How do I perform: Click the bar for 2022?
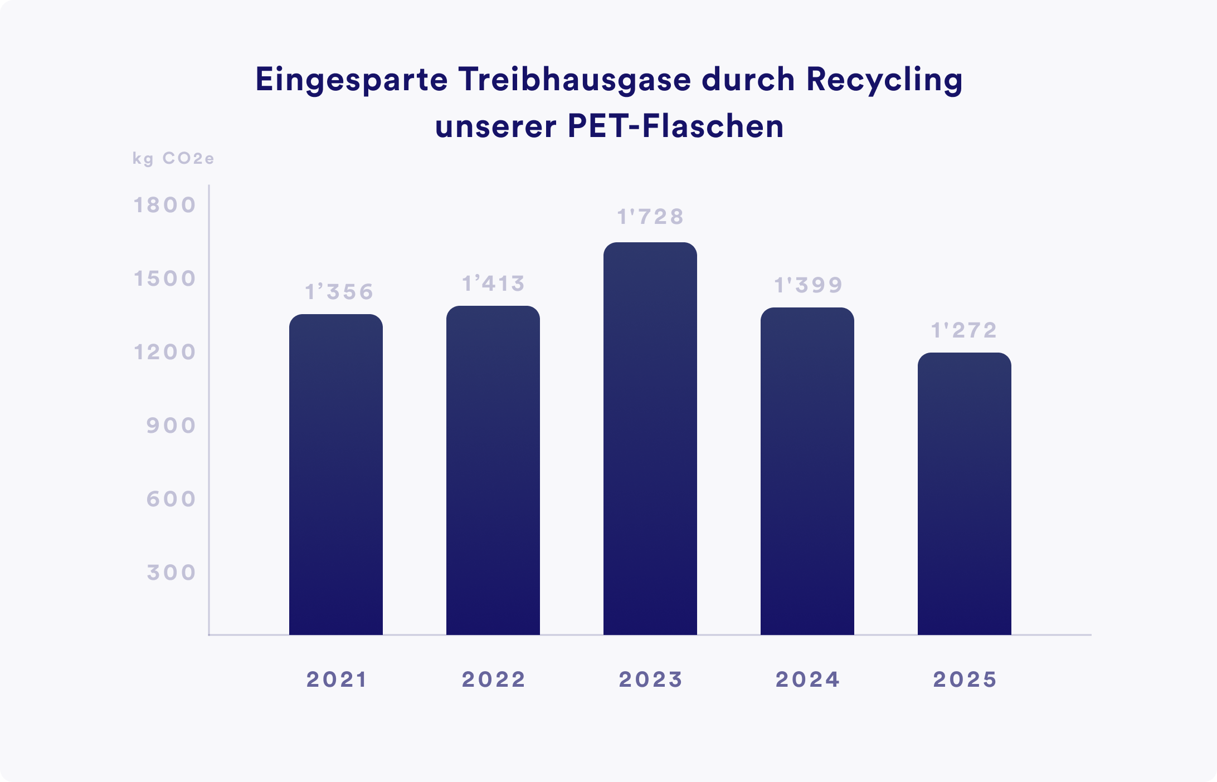(493, 471)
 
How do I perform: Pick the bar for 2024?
(807, 471)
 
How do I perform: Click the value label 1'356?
(339, 292)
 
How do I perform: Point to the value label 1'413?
(494, 284)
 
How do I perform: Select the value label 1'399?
(809, 285)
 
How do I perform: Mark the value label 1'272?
(964, 331)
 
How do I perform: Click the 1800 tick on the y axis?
(165, 206)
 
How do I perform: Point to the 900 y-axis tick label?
(171, 426)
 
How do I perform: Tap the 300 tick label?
(171, 573)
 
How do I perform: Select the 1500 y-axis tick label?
(165, 279)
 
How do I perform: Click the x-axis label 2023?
(650, 680)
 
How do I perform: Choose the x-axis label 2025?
(965, 680)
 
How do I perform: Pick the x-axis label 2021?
(337, 680)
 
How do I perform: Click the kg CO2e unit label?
(173, 159)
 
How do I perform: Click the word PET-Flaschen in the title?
(675, 127)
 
